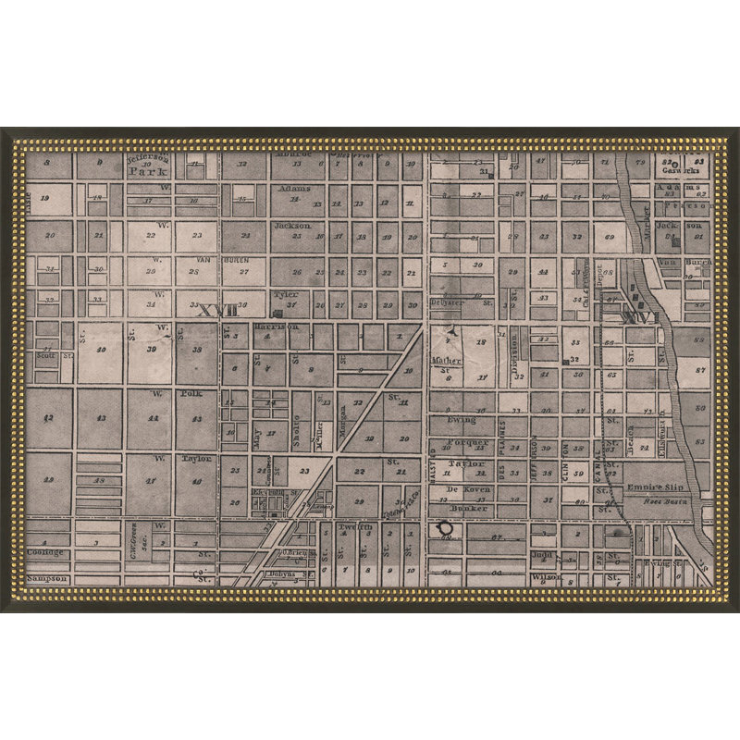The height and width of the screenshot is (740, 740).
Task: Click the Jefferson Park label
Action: point(146,166)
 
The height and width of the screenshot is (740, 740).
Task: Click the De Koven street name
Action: point(466,487)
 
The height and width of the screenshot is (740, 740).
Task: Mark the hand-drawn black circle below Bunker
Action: point(445,528)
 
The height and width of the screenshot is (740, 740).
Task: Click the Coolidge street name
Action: point(46,552)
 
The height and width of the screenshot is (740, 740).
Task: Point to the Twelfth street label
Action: point(354,526)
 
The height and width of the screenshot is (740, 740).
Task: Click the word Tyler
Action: point(284,293)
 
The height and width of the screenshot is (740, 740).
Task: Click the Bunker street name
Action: point(467,509)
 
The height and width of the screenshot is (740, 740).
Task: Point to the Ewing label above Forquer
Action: point(462,420)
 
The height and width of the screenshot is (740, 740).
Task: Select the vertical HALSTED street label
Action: point(433,467)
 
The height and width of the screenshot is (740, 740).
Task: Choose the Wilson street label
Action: point(546,577)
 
